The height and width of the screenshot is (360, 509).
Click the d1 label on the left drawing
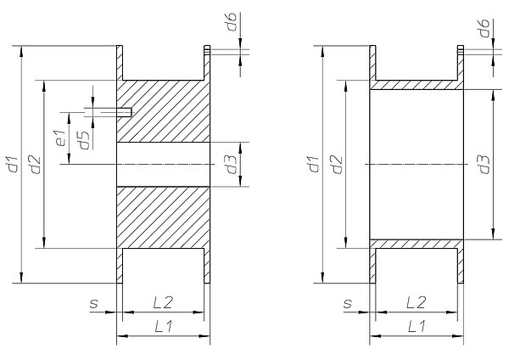[x=13, y=165]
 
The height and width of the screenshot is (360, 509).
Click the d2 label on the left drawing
[x=36, y=165]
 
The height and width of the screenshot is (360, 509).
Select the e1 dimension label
[x=61, y=138]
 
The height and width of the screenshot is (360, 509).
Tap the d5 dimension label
[x=84, y=140]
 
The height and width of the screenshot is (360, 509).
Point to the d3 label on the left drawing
[x=232, y=165]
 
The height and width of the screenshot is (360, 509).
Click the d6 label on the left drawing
[x=232, y=22]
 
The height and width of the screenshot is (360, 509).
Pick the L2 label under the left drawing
[x=163, y=303]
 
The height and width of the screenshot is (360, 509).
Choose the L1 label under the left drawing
[x=163, y=326]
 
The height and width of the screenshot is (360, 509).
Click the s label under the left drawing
[x=94, y=304]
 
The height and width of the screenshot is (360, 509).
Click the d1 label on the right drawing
[x=314, y=165]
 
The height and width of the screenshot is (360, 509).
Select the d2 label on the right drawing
[x=338, y=165]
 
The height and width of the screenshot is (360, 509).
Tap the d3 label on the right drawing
[x=484, y=165]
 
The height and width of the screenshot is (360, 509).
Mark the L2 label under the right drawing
[x=416, y=303]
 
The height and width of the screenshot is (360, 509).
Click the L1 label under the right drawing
[x=417, y=326]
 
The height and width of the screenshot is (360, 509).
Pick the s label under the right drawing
[x=347, y=304]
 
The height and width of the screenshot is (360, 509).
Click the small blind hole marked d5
[x=124, y=112]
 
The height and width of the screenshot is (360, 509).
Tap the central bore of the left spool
[x=163, y=165]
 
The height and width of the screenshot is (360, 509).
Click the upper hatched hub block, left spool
[x=163, y=111]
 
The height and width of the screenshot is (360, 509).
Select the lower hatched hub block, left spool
[x=163, y=217]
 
